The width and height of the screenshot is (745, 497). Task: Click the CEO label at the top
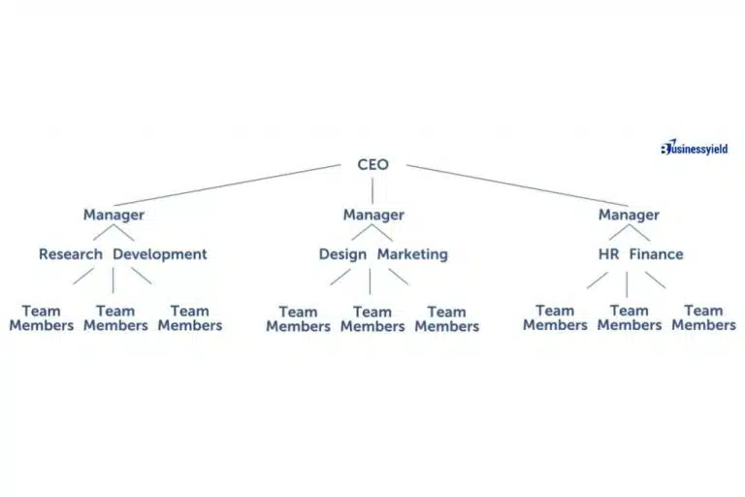[372, 165]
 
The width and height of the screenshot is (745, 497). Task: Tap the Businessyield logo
[694, 149]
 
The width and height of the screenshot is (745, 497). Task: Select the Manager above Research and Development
[113, 215]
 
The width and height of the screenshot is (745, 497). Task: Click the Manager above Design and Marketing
[372, 215]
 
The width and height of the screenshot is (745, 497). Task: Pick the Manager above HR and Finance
[629, 215]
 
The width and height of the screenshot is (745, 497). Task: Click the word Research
[71, 254]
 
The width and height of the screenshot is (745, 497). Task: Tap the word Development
[160, 254]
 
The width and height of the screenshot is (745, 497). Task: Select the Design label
[342, 254]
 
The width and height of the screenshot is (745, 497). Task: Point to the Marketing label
[412, 254]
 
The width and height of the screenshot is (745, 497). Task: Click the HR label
[608, 254]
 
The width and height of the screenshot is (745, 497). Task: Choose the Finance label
[656, 254]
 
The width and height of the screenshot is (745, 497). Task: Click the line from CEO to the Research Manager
[228, 184]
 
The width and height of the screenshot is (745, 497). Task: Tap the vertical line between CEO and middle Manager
[372, 189]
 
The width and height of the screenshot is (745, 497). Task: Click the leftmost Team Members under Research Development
[41, 318]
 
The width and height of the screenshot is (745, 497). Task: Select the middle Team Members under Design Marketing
[372, 319]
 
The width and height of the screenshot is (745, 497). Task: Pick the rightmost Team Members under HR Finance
[703, 318]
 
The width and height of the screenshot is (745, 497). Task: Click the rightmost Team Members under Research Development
[189, 318]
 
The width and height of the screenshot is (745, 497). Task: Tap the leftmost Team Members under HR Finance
[555, 318]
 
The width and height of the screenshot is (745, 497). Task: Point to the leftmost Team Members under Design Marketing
[298, 319]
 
